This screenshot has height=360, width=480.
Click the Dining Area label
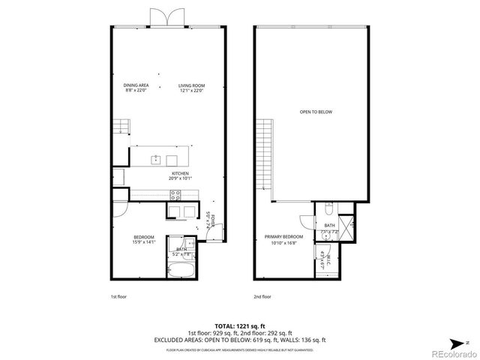click(136, 88)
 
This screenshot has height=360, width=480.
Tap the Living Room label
click(191, 88)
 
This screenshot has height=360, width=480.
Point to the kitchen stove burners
click(175, 196)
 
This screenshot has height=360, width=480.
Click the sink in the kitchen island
click(156, 159)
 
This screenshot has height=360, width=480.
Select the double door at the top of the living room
click(164, 18)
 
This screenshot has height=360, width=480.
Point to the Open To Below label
click(316, 112)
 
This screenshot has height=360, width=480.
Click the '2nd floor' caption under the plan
click(262, 297)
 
